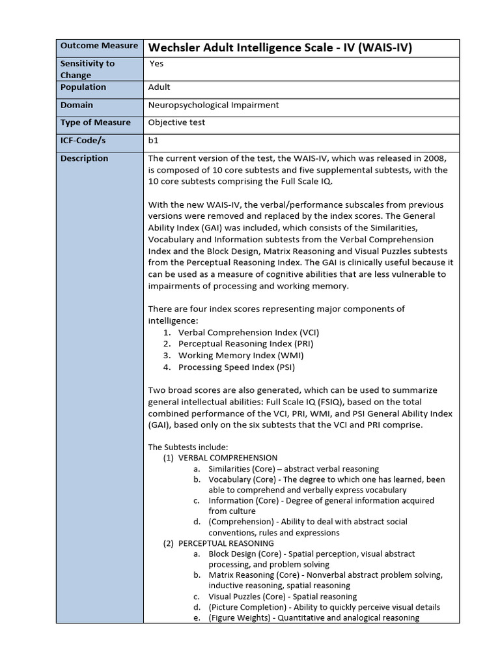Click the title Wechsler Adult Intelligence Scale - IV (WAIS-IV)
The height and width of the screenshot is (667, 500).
tap(281, 48)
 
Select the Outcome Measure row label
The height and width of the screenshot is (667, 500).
tap(99, 46)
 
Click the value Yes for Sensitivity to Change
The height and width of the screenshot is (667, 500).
tap(157, 63)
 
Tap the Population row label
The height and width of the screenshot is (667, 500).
tap(83, 87)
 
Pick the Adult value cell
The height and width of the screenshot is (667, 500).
tap(160, 87)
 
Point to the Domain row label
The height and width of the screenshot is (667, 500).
tap(77, 105)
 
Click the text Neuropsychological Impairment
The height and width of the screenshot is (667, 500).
tap(214, 105)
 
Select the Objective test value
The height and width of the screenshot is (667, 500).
tap(176, 122)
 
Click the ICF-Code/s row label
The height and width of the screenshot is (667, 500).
tap(86, 140)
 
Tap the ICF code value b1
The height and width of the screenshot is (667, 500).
tap(154, 140)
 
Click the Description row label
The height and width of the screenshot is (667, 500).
tap(84, 158)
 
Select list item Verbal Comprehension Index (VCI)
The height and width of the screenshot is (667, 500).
tap(249, 332)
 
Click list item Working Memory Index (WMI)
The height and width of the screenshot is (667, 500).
tap(241, 356)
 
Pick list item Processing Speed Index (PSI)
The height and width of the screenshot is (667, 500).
tap(236, 367)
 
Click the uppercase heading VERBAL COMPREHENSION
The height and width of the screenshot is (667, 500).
tap(228, 458)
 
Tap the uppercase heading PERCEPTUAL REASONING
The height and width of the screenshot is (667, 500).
tap(226, 543)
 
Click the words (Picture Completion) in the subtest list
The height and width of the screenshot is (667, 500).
tap(246, 607)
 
